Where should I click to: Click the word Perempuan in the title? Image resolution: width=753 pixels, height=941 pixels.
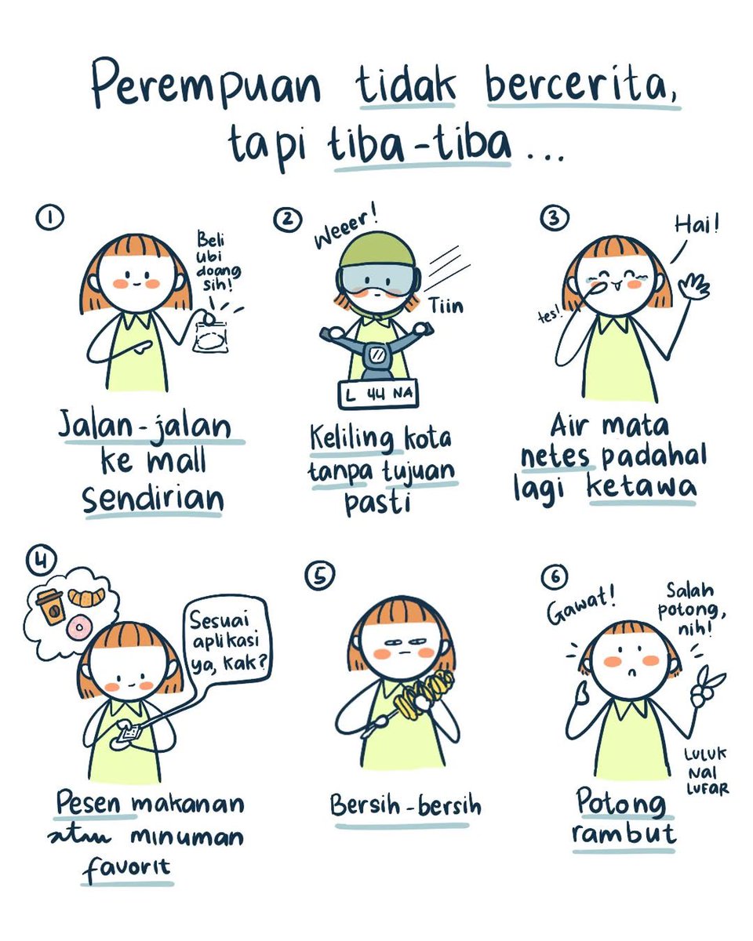(x=206, y=84)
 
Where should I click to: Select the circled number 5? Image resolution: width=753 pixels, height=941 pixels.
(x=319, y=576)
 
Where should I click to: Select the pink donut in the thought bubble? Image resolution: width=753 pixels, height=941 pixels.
(x=78, y=628)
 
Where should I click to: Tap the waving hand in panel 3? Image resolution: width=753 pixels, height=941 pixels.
(x=693, y=286)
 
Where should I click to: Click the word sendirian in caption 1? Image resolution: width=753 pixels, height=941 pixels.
(x=153, y=500)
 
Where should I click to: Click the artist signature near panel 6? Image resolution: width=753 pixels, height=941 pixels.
(x=705, y=772)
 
